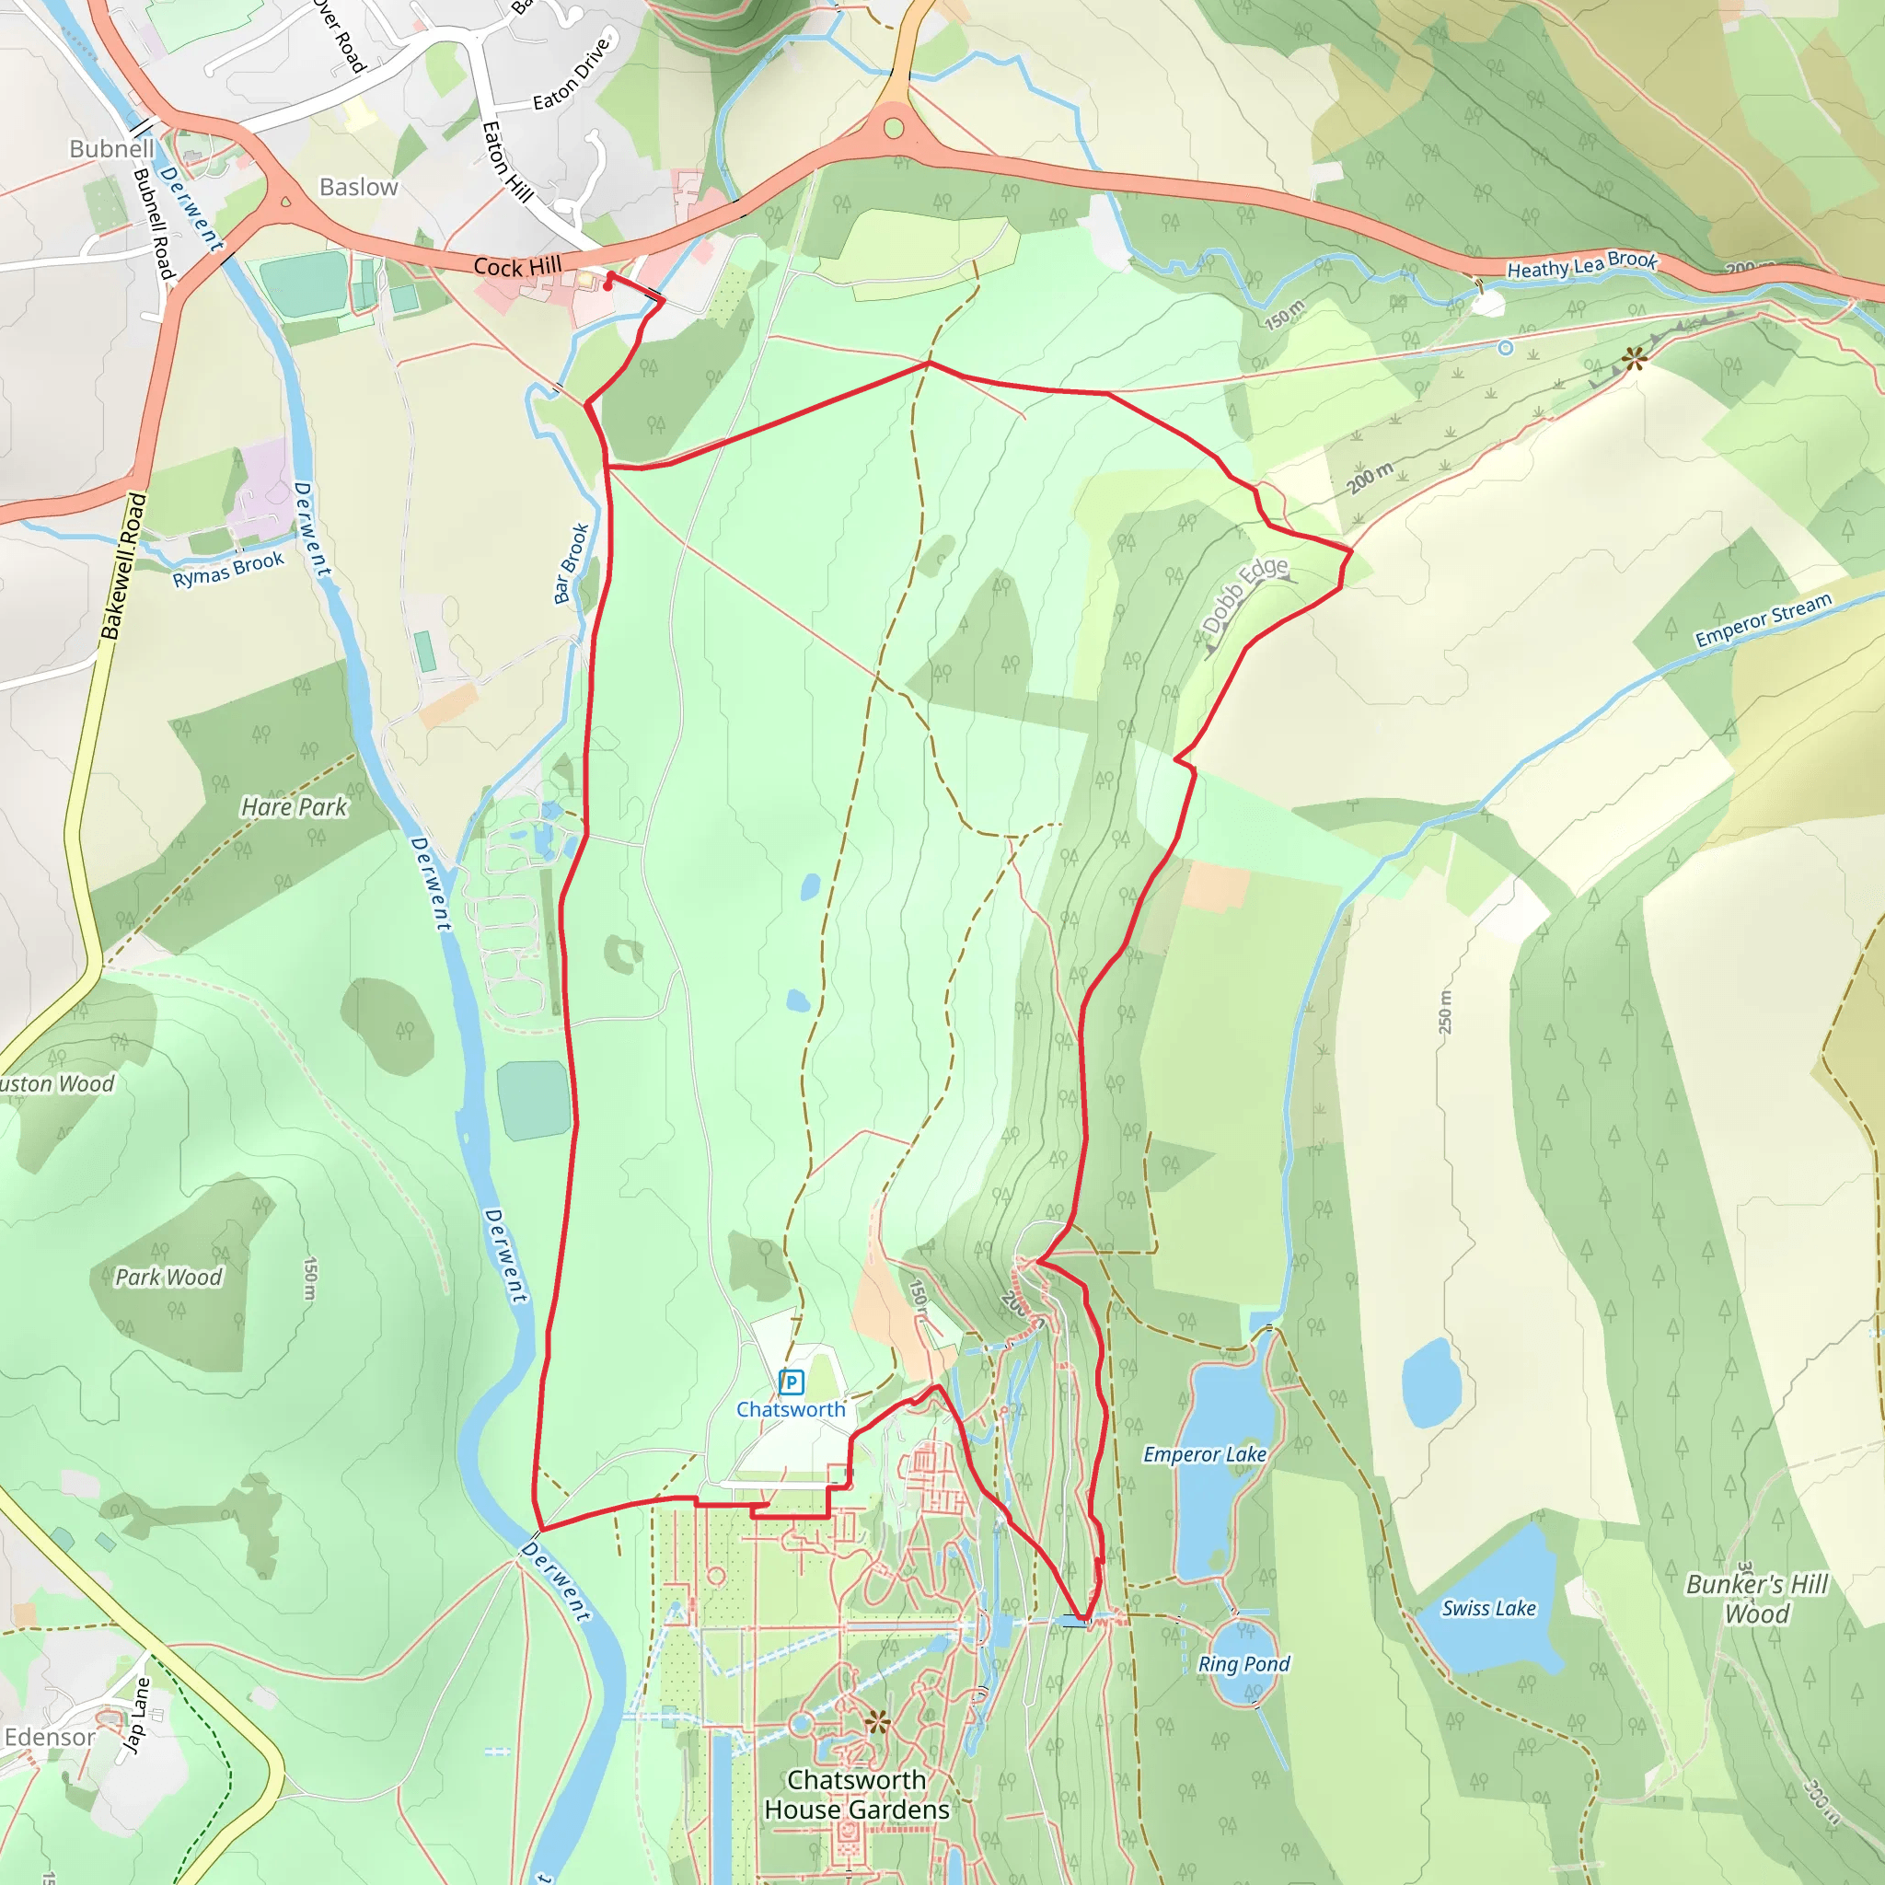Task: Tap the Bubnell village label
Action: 111,148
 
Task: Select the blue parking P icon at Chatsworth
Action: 792,1382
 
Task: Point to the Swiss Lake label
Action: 1488,1608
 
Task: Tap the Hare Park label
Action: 294,807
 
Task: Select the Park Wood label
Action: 168,1278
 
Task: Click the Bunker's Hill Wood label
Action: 1756,1598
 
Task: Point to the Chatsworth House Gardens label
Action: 857,1794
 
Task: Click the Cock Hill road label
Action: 517,266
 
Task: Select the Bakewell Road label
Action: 124,566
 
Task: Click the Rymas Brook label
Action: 228,569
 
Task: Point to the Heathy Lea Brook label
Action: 1581,264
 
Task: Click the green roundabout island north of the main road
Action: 894,128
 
